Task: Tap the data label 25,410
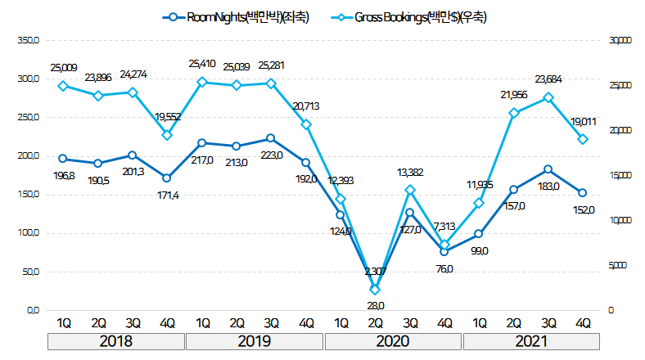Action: pos(201,63)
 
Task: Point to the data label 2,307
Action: pos(375,271)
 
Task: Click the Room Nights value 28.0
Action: pos(375,305)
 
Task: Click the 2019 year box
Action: pos(254,341)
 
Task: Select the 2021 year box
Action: pos(531,341)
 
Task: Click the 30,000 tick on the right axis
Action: pos(620,40)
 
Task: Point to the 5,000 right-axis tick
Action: pos(617,265)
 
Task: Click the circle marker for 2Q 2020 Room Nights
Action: pos(375,289)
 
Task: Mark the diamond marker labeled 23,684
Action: pos(548,97)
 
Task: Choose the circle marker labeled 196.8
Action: pos(63,159)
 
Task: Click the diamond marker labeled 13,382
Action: pos(410,190)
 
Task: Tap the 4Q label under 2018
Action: pos(167,322)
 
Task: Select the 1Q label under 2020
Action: pos(341,322)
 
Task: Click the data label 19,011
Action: pos(584,122)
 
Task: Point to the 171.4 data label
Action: pos(167,195)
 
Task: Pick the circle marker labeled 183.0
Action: pos(548,169)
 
